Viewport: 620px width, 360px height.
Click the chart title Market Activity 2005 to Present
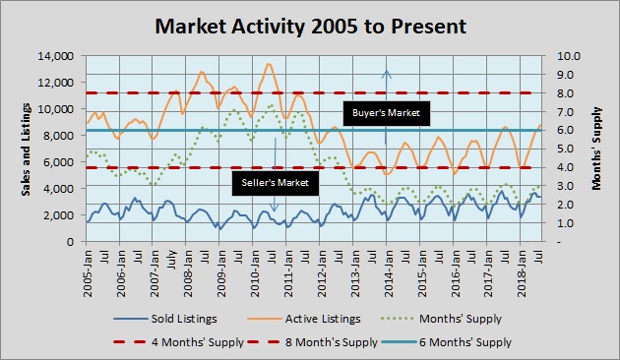(309, 22)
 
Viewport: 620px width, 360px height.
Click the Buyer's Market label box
(386, 113)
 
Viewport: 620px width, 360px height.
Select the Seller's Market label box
(276, 182)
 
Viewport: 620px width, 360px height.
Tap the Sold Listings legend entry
(179, 319)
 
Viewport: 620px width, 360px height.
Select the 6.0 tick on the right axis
(565, 130)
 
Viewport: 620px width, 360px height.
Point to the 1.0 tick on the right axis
(565, 222)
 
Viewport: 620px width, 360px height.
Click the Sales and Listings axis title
(27, 148)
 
